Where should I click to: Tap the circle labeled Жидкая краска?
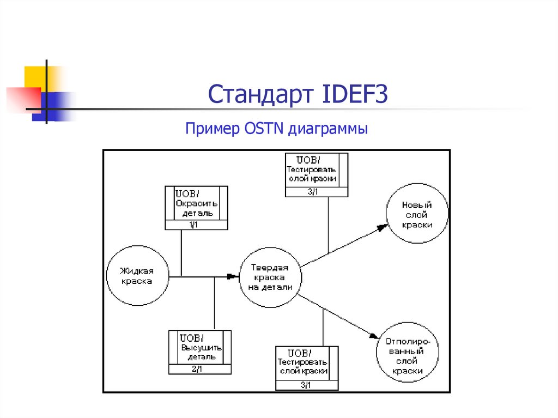tap(137, 276)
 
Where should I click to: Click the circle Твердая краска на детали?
tap(270, 277)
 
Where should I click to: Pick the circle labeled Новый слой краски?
tap(417, 214)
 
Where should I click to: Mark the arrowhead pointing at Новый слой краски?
tap(381, 229)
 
